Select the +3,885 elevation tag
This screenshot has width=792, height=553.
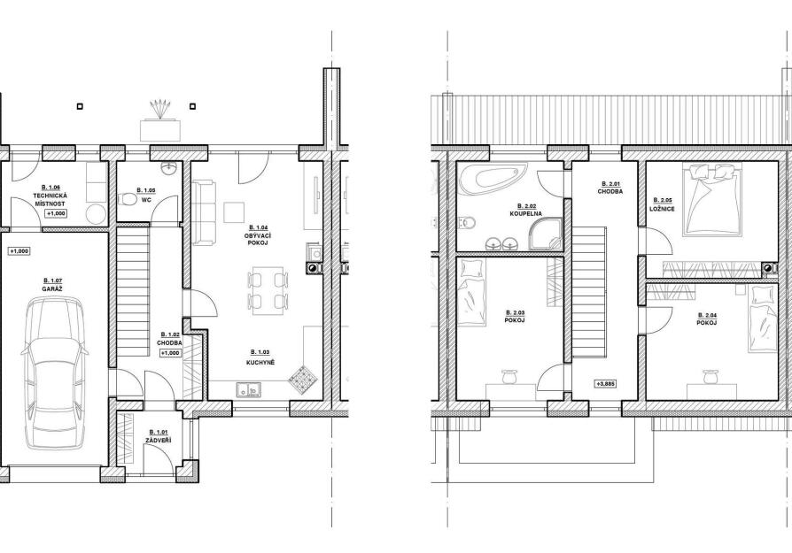click(x=606, y=384)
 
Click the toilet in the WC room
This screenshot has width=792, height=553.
click(x=126, y=201)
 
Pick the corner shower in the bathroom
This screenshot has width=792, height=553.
click(x=545, y=234)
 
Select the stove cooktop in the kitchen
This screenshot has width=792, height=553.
click(x=302, y=378)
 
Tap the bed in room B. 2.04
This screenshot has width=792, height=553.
click(x=763, y=319)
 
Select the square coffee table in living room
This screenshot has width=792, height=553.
click(x=234, y=211)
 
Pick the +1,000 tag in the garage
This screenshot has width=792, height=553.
click(x=19, y=250)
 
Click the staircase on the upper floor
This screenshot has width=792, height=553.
click(x=589, y=292)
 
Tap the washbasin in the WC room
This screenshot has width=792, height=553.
click(x=168, y=169)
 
